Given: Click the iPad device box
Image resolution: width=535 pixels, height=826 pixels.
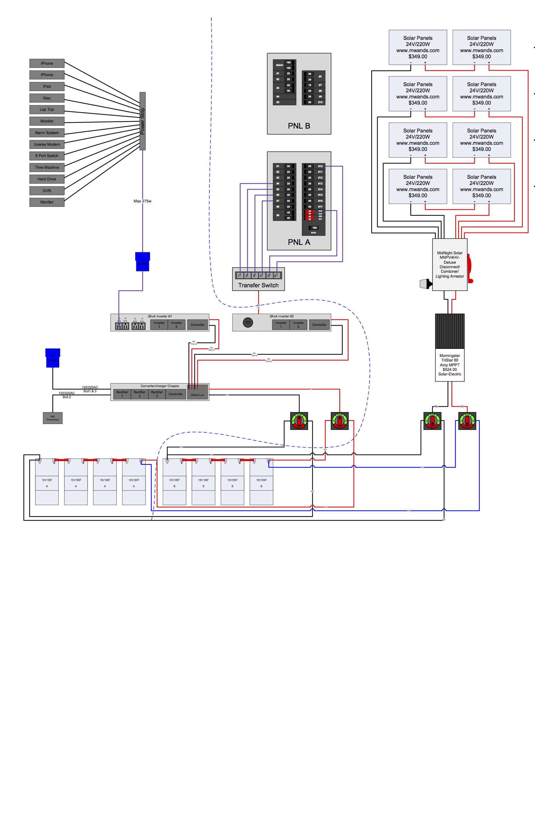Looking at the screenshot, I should click(x=47, y=86).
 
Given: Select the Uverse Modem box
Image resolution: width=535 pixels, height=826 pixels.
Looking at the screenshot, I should click(x=47, y=144).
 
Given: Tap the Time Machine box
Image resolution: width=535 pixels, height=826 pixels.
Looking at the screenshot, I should click(x=47, y=167).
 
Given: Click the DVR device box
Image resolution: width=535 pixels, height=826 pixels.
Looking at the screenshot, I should click(x=47, y=190).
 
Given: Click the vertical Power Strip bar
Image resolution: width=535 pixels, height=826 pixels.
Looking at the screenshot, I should click(x=142, y=121).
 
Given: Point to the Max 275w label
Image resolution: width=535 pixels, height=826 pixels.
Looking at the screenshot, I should click(x=142, y=201).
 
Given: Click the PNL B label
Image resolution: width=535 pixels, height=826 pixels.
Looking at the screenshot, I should click(x=299, y=126).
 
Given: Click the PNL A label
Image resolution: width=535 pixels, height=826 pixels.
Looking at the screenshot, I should click(x=299, y=242).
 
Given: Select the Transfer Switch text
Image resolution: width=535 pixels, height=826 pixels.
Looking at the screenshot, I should click(x=258, y=285).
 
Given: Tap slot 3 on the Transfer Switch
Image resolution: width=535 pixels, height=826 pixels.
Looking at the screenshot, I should click(x=254, y=276).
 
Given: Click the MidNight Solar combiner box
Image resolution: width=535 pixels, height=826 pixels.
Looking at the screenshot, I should click(x=449, y=264).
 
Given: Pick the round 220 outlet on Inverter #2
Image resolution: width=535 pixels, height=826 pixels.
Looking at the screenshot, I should click(x=248, y=322).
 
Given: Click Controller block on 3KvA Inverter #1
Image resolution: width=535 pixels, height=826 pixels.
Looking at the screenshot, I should click(x=197, y=325).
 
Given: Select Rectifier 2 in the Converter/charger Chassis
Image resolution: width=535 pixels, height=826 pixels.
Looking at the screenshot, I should click(x=139, y=394).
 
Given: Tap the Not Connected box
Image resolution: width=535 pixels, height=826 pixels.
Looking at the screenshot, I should click(x=53, y=418).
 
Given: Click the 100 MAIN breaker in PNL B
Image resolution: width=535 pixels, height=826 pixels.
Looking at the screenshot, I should click(x=288, y=65).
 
